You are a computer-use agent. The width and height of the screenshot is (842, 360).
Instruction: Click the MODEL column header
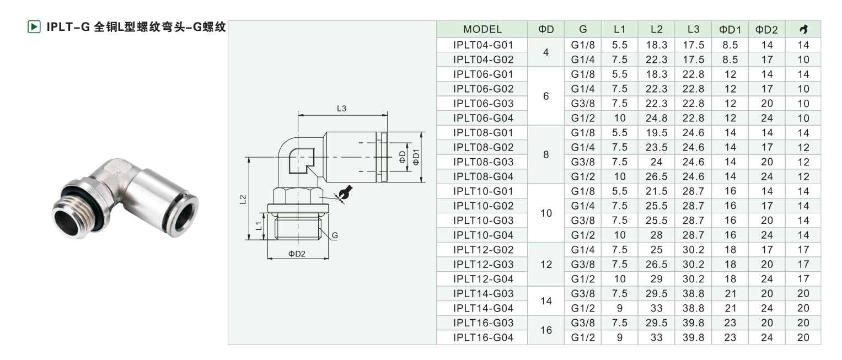tap(482, 29)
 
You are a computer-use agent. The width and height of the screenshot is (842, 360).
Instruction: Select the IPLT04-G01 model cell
tap(482, 45)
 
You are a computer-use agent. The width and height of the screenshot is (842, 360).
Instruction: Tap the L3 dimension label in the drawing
tap(341, 109)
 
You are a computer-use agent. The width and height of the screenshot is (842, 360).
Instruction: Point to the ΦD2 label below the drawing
tap(297, 254)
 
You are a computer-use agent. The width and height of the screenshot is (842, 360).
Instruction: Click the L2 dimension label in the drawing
tap(243, 200)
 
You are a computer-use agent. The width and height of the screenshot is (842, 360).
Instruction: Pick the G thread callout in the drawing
tap(334, 236)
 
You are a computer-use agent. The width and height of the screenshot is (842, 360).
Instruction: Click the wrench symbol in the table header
tap(802, 29)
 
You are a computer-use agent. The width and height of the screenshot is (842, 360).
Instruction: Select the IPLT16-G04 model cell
tap(482, 337)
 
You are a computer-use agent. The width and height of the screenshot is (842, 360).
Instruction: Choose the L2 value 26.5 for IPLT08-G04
tap(656, 176)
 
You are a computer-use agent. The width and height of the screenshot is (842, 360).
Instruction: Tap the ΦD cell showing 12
tap(546, 264)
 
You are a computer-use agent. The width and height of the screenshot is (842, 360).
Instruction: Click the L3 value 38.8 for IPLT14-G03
tap(693, 293)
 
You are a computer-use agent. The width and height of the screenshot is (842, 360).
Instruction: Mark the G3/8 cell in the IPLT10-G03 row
tap(583, 220)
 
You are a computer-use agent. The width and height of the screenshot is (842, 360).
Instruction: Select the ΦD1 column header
tap(730, 29)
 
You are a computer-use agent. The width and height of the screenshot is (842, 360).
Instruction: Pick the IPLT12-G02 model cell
tap(482, 249)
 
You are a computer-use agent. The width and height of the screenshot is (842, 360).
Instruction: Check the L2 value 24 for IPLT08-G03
tap(656, 162)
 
